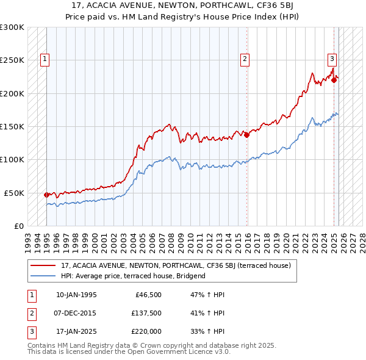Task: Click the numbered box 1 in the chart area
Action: click(x=46, y=59)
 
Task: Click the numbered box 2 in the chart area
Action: click(x=244, y=59)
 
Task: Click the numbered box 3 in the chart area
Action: click(x=332, y=59)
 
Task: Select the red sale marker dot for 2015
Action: click(x=247, y=135)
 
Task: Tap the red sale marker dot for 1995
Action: click(x=46, y=195)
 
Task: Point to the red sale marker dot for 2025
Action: click(x=334, y=80)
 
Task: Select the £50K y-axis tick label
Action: click(x=14, y=193)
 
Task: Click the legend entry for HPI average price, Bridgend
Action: click(x=134, y=276)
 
